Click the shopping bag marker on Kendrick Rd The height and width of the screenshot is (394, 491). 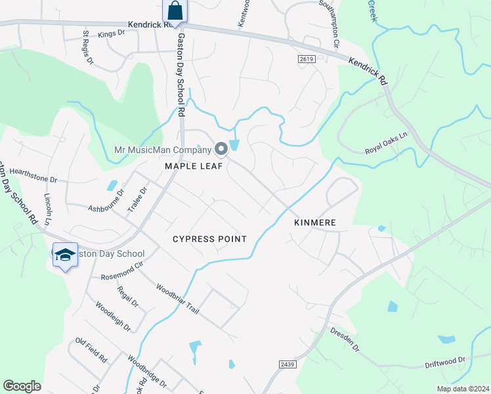pos(175,11)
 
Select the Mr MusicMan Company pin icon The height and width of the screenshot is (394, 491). pos(221,149)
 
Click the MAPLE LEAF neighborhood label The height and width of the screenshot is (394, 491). pos(194,167)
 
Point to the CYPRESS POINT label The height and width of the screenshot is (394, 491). pos(209,239)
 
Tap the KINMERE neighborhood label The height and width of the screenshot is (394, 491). pos(315,223)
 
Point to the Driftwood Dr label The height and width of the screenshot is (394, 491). pos(444,361)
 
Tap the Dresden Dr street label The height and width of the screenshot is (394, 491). pos(345,339)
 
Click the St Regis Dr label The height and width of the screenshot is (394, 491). pos(88,46)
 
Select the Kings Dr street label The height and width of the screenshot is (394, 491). pos(112,33)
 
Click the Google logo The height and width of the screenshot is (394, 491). pos(22,386)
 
